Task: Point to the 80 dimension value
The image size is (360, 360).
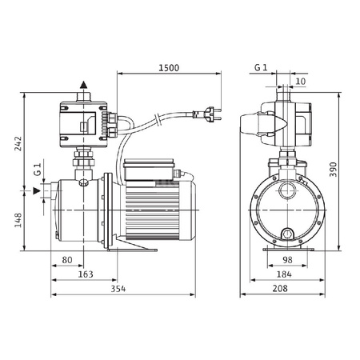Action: tap(66, 259)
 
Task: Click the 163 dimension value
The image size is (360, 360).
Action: tap(86, 274)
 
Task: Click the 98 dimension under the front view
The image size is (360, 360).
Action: tap(286, 259)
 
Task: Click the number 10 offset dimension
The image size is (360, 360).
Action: tap(299, 81)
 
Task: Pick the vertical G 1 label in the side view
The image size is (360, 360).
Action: tap(36, 173)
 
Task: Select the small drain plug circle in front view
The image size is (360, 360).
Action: tap(286, 234)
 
